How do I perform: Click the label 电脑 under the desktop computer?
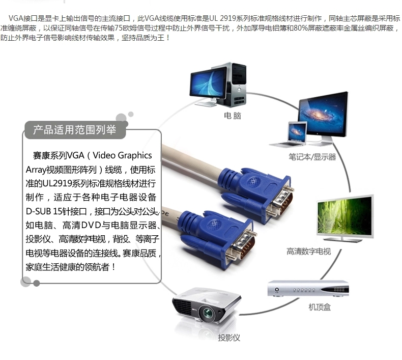point(233,116)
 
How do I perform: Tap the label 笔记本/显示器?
point(312,156)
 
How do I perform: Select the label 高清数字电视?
point(309,251)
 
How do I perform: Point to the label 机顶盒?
point(320,307)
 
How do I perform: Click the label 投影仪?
point(229,338)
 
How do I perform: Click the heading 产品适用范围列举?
point(75,130)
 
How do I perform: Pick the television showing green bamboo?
point(345,216)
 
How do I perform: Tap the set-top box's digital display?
point(339,290)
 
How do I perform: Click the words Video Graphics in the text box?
point(122,155)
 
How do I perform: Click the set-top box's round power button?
point(277,290)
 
